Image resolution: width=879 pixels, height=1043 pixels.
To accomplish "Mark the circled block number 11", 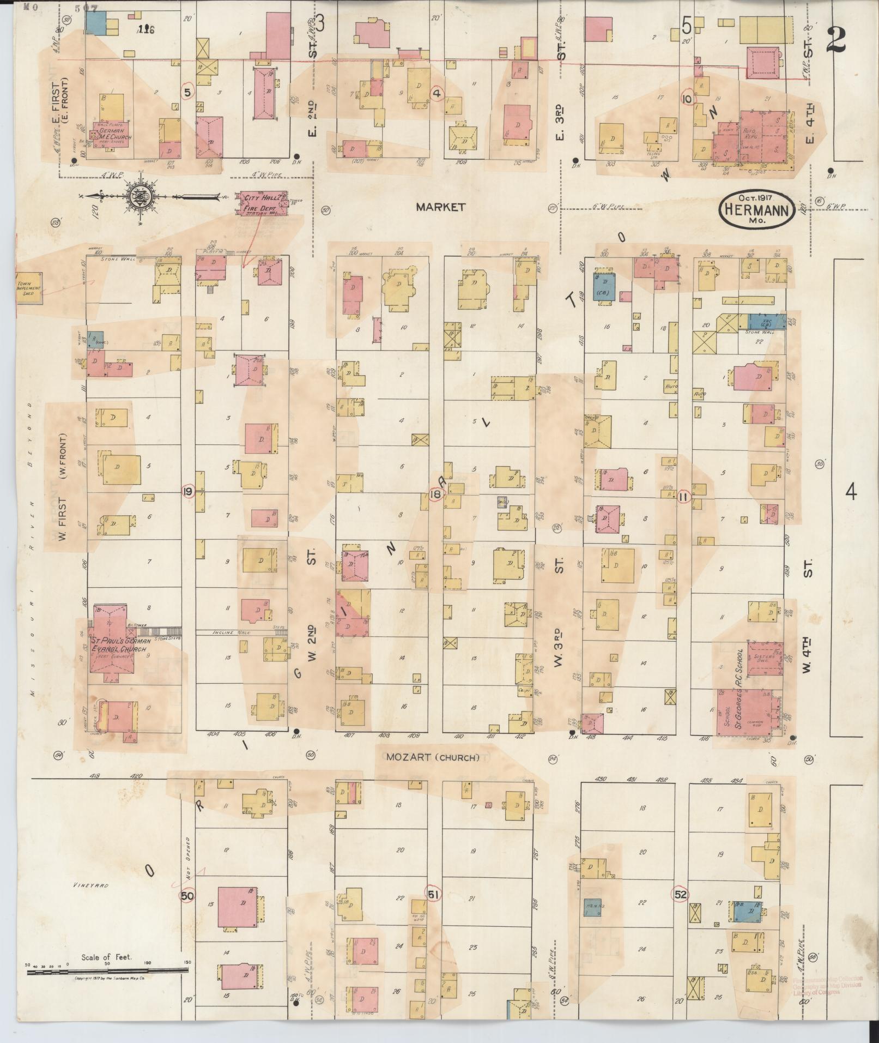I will click(x=684, y=496).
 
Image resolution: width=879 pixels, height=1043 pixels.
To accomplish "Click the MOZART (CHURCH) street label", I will click(x=433, y=757).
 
